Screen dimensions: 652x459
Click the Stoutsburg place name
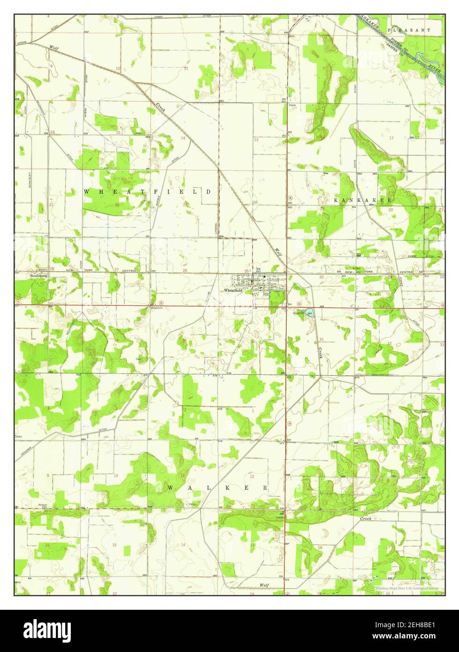39,276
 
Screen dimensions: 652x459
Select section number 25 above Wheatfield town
247,271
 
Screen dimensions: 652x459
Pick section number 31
322,339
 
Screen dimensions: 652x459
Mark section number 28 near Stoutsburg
53,269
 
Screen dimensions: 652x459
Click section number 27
116,270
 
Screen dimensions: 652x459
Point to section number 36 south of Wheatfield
253,341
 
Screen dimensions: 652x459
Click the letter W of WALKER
171,488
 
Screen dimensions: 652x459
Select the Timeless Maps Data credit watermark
406,588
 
